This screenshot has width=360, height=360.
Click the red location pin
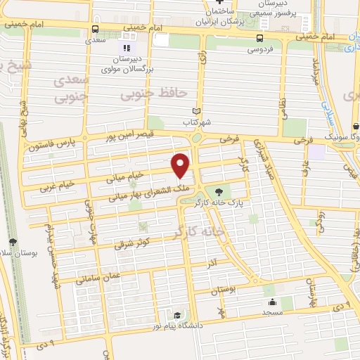(x=181, y=165)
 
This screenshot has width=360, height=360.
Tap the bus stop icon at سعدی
(x=96, y=29)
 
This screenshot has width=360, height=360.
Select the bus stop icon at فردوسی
(x=260, y=38)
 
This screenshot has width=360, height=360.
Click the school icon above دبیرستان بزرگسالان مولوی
(x=129, y=36)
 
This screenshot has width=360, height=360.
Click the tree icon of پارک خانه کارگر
(x=220, y=191)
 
